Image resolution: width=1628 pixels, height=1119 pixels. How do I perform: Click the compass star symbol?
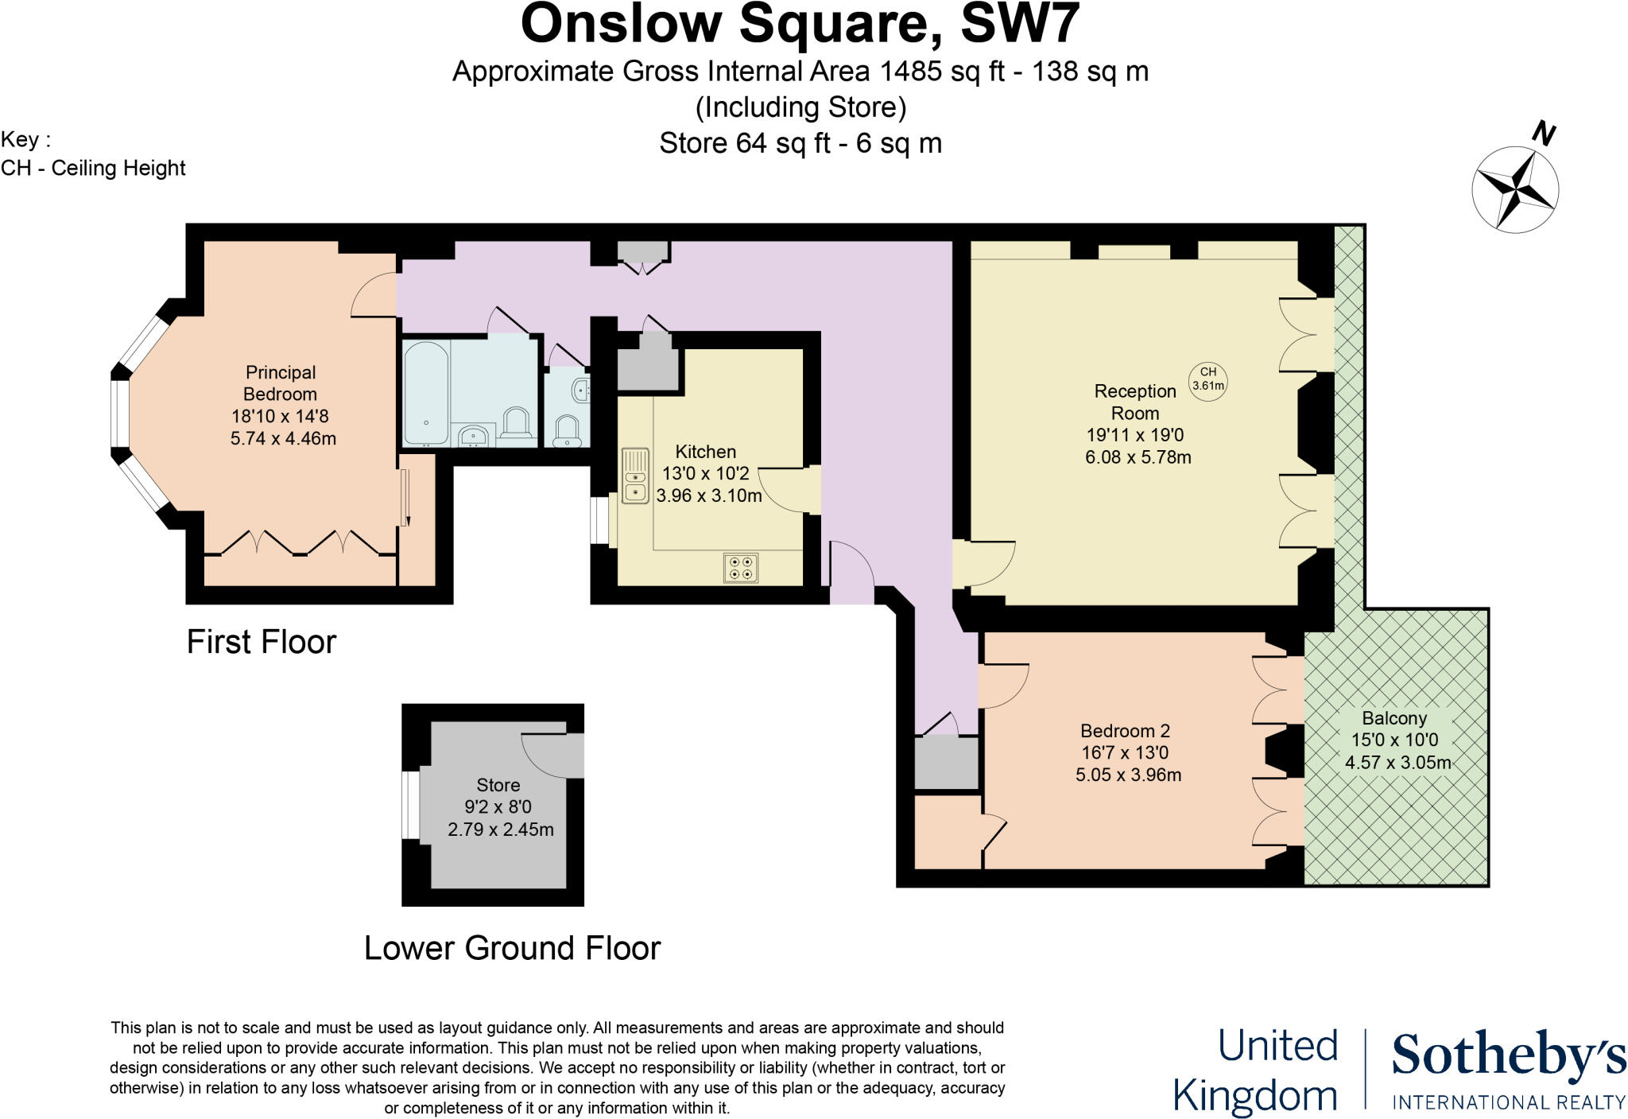[1515, 189]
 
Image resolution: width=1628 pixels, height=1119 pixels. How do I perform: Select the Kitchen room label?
[705, 452]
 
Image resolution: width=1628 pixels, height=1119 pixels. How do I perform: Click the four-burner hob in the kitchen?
[741, 568]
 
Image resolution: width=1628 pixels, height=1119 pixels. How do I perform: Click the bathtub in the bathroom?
[426, 393]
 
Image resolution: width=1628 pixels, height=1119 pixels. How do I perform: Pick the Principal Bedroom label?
[280, 383]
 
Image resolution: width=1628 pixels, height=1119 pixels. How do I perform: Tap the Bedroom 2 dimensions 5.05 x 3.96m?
[1128, 775]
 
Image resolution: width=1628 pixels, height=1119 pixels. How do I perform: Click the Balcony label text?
[1394, 718]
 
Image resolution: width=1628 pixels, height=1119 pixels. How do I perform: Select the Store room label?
[498, 786]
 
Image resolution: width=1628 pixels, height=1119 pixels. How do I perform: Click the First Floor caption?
[262, 642]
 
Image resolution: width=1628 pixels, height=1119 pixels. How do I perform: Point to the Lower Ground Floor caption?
[512, 948]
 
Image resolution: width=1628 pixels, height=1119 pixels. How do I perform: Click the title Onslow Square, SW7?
[800, 24]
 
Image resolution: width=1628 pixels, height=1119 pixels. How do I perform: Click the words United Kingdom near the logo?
[1256, 1070]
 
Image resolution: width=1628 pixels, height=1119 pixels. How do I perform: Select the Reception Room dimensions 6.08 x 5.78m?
[1138, 457]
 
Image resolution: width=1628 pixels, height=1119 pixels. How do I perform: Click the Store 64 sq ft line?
[800, 143]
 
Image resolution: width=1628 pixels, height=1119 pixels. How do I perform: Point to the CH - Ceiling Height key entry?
[93, 169]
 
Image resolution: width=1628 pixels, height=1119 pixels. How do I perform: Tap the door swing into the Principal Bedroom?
[374, 294]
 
